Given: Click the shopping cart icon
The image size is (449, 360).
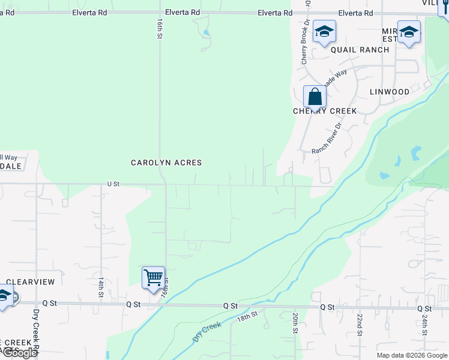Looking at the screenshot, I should [153, 277].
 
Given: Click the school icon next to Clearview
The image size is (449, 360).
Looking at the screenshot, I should [5, 296].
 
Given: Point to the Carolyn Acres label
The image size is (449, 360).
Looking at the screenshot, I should [167, 163].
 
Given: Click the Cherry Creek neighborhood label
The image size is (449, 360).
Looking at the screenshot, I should [325, 111].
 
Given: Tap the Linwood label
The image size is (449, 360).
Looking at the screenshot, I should [390, 92].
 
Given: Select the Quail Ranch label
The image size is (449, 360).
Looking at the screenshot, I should [360, 50].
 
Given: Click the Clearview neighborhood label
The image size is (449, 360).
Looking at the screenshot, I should [30, 281].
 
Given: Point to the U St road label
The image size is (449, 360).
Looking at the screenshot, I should [113, 184].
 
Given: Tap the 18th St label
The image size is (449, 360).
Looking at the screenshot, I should [247, 316].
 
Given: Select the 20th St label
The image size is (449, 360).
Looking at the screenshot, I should [295, 323].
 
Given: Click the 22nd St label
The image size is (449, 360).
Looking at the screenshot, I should [360, 324].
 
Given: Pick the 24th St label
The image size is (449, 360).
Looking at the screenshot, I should [424, 324].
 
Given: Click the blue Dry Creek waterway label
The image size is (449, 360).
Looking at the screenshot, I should [206, 332].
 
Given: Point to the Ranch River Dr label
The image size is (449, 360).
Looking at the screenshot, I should [326, 139].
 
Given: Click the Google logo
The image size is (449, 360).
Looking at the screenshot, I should [20, 353].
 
